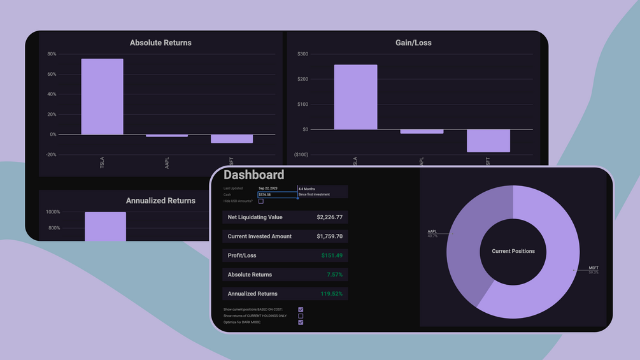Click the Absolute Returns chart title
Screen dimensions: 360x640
coord(160,43)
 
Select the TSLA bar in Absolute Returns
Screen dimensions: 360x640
coord(102,96)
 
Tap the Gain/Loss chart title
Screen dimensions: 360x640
coord(413,43)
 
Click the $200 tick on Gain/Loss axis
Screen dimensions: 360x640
coord(302,79)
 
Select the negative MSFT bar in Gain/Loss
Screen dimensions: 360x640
coord(488,141)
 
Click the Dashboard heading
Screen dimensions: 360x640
coord(253,175)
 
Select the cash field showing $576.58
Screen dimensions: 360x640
coord(277,194)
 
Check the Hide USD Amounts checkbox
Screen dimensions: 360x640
coord(261,201)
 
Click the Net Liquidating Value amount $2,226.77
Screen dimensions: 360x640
coord(329,217)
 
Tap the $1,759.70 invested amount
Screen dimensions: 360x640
coord(329,236)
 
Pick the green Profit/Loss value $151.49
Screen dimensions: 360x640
coord(332,256)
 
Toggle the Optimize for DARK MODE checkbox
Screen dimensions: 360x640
coord(301,322)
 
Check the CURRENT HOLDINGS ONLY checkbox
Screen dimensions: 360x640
coord(301,316)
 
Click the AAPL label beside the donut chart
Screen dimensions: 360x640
coord(432,231)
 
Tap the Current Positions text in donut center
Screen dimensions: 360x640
coord(513,251)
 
